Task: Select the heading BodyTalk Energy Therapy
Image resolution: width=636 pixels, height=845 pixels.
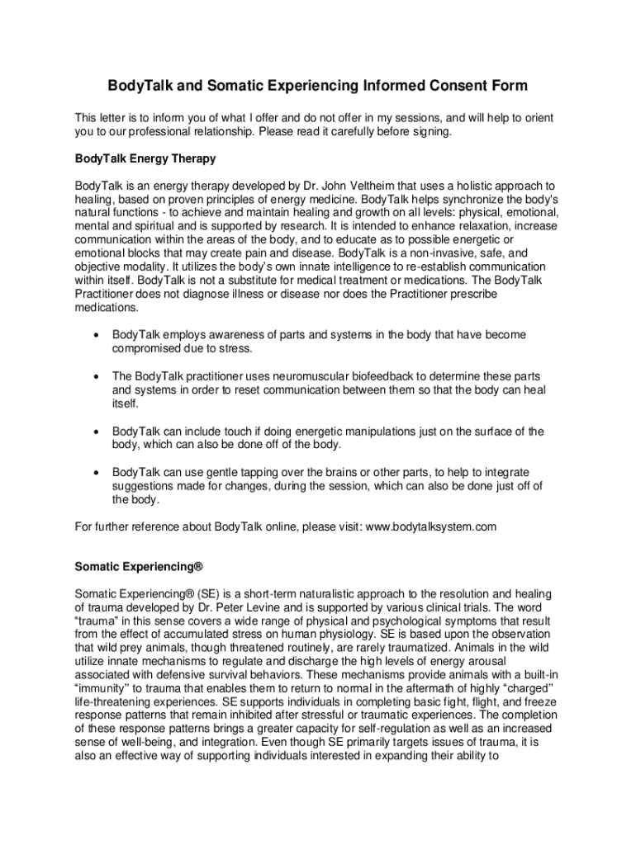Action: click(x=145, y=158)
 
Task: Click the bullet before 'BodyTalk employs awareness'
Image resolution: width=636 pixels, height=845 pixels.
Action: click(x=98, y=335)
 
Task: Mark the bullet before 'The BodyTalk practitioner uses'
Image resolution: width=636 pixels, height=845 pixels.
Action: click(x=98, y=376)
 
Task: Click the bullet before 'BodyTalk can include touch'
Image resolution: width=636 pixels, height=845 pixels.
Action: click(x=98, y=432)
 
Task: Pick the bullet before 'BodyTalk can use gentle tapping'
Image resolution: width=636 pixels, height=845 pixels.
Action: click(x=98, y=473)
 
